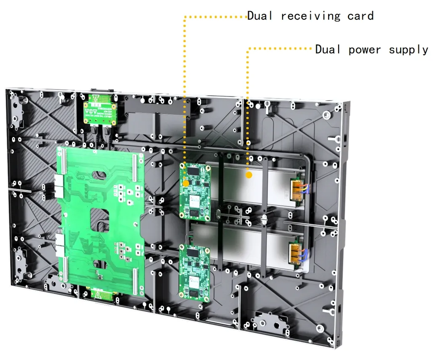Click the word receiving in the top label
click(x=310, y=16)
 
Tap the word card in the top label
click(x=361, y=16)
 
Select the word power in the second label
click(x=365, y=50)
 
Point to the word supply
click(x=408, y=50)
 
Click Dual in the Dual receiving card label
click(x=259, y=16)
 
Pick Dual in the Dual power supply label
click(x=328, y=49)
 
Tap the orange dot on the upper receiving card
click(x=185, y=183)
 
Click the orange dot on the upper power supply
click(x=249, y=174)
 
